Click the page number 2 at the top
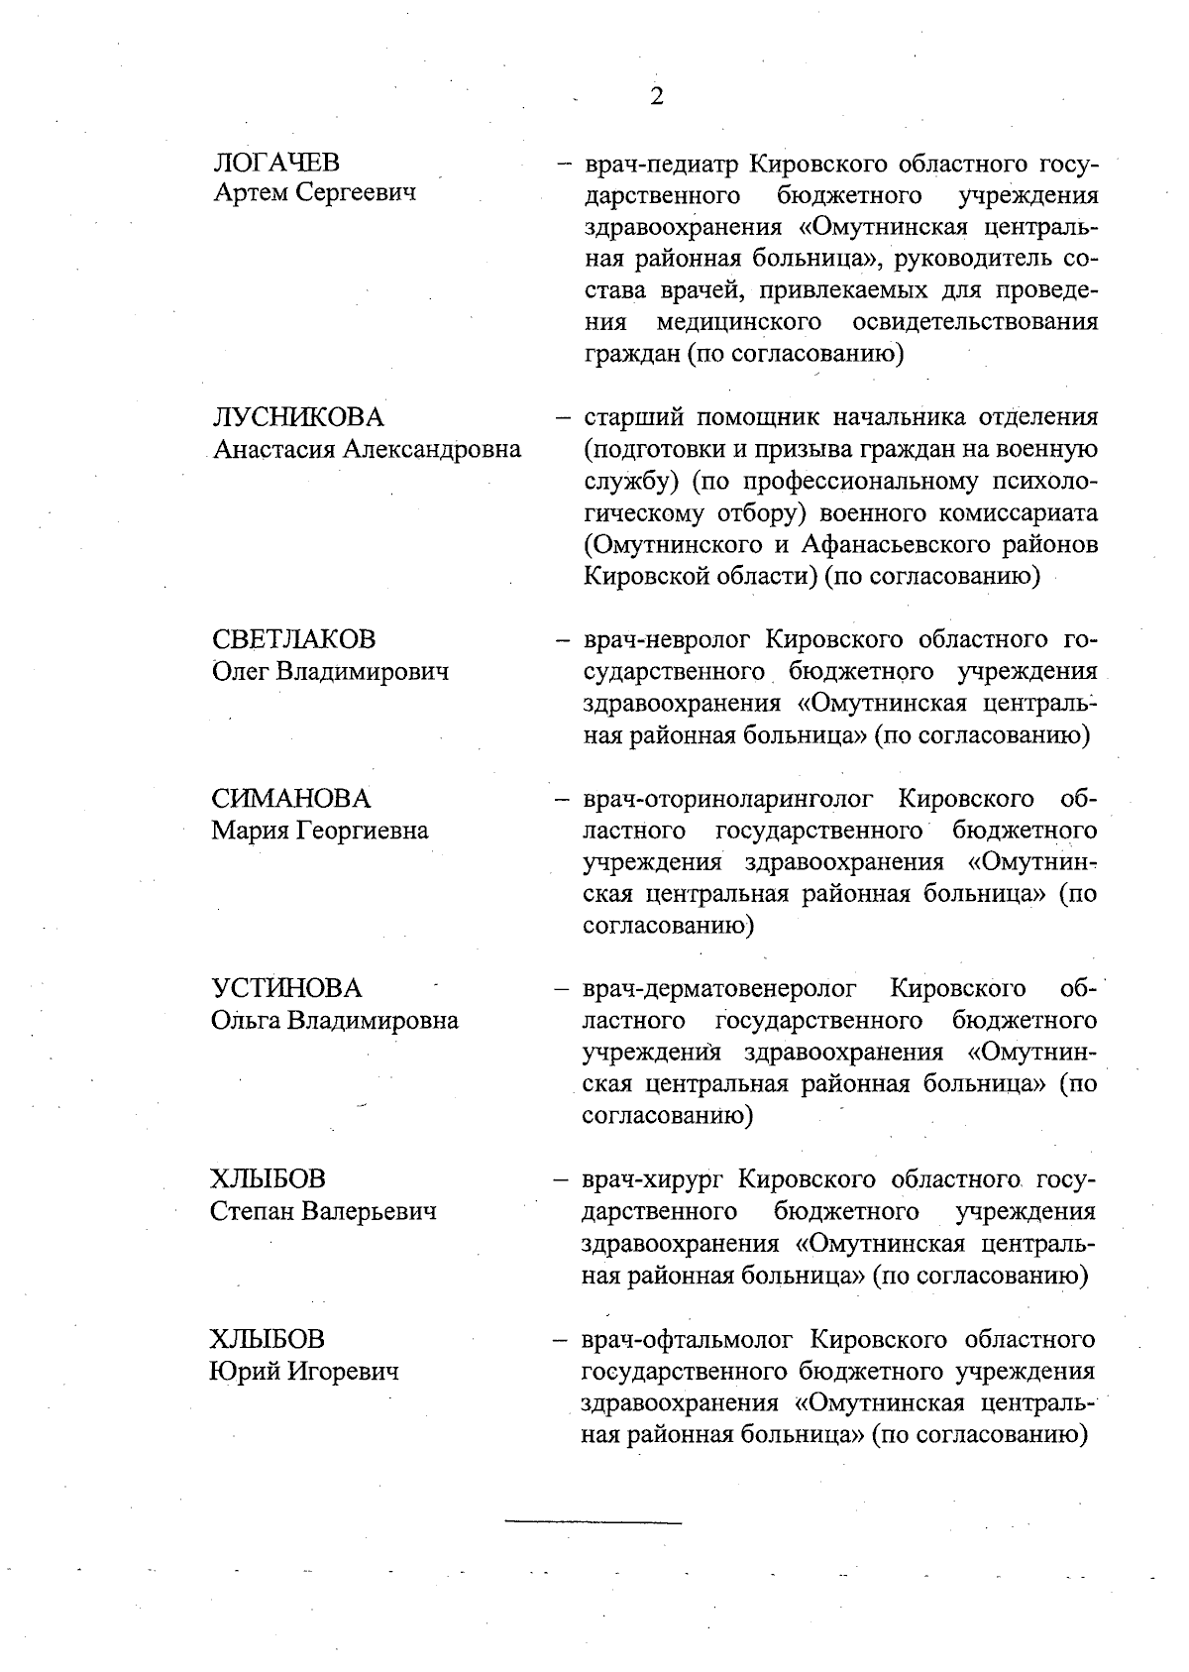click(656, 96)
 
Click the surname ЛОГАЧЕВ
click(276, 162)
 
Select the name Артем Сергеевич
click(315, 193)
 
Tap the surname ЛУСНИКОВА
click(298, 417)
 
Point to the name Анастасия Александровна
click(367, 449)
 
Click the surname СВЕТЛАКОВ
click(293, 639)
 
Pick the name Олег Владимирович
click(330, 671)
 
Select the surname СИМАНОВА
click(290, 799)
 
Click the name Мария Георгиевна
click(319, 831)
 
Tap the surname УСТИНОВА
click(286, 989)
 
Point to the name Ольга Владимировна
click(334, 1021)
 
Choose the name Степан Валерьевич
click(323, 1211)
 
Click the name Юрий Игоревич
click(304, 1372)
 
